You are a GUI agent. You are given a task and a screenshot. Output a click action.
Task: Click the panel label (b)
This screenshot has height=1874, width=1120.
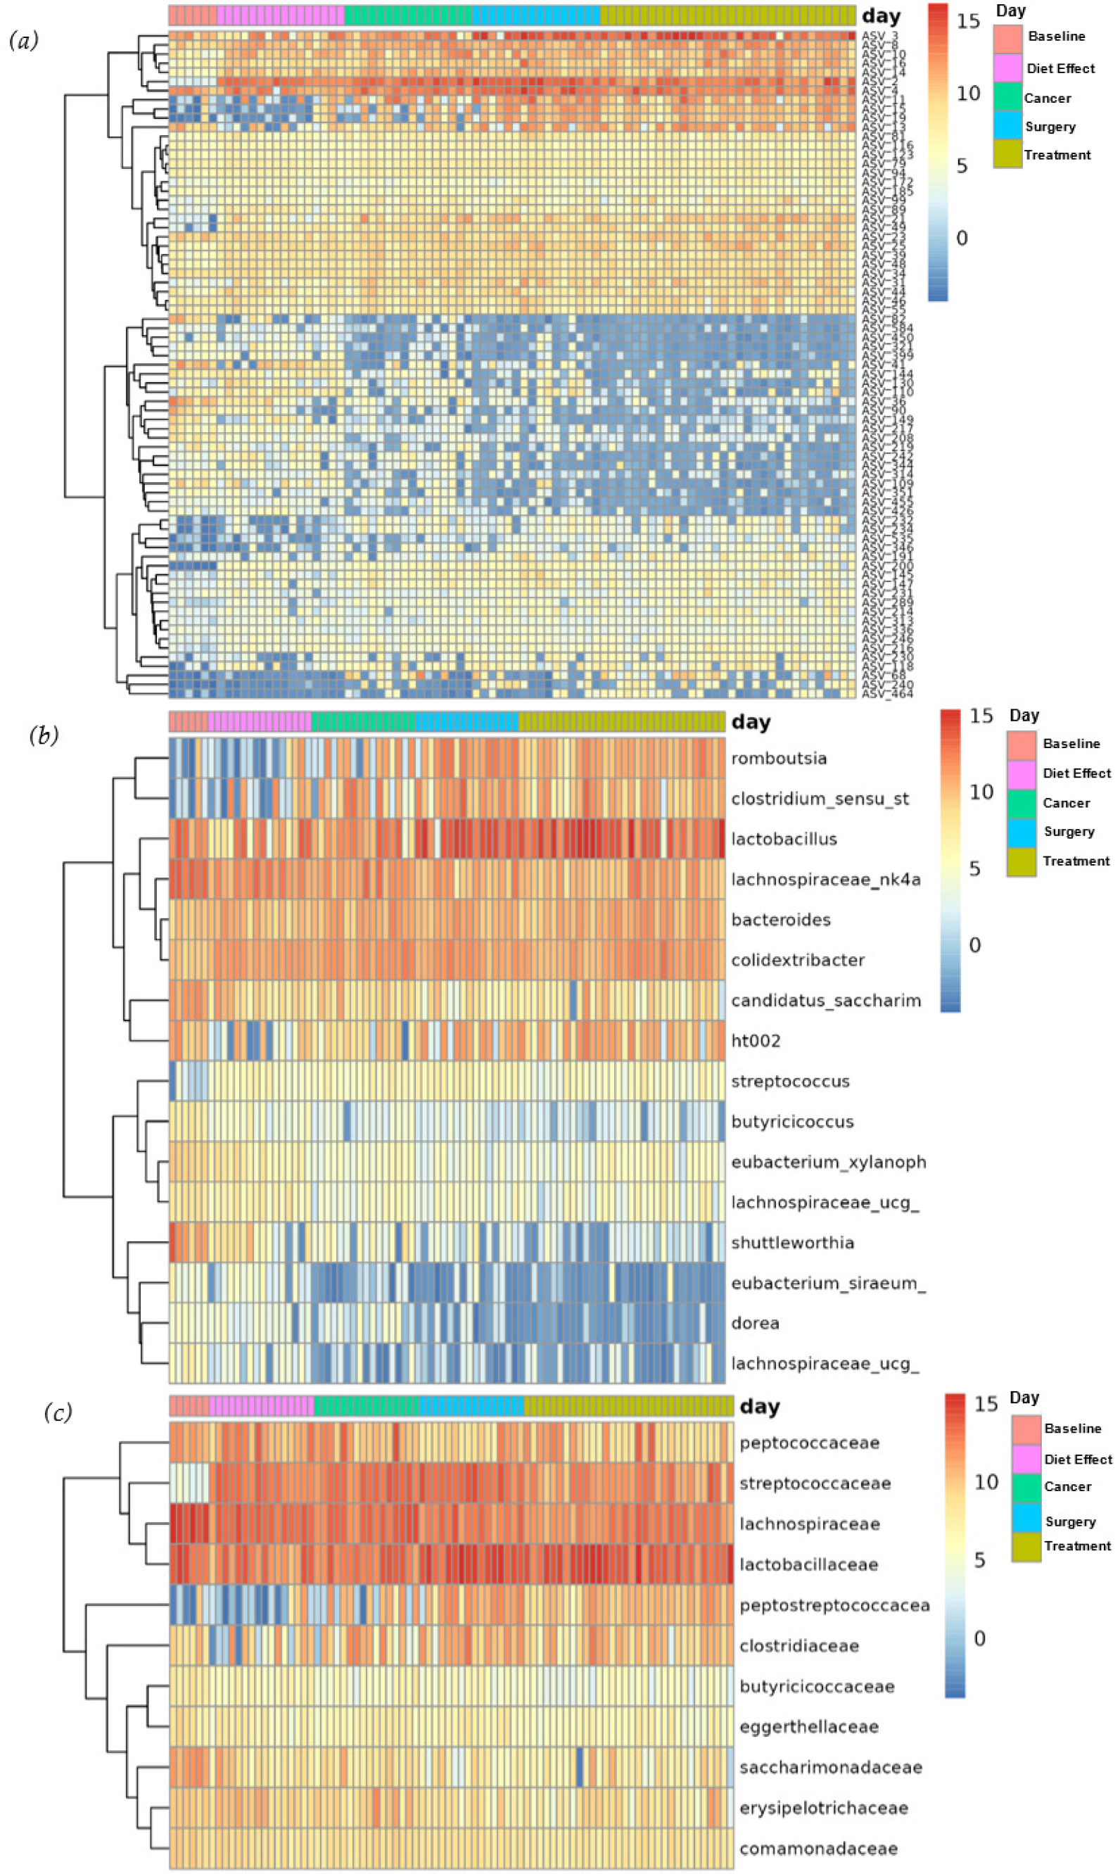point(44,735)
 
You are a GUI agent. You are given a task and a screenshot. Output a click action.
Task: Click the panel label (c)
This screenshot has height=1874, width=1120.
point(58,1412)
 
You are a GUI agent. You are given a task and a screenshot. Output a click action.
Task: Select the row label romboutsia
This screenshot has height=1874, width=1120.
point(778,759)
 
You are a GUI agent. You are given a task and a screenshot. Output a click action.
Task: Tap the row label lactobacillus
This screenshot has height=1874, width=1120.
point(784,839)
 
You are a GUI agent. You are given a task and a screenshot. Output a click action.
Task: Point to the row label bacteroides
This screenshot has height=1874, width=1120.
point(780,919)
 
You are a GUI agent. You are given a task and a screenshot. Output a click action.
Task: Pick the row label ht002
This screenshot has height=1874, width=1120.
point(756,1041)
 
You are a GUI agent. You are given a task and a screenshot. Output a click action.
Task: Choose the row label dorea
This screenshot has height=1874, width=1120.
point(755,1323)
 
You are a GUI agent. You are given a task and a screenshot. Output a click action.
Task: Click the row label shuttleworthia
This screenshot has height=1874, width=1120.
point(791,1242)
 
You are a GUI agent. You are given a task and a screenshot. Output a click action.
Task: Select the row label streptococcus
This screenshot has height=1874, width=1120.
point(789,1082)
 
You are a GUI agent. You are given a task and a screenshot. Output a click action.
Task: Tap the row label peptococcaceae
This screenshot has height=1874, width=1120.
point(809,1443)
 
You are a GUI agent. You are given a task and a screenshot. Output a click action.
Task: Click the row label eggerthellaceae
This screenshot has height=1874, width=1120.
point(808,1727)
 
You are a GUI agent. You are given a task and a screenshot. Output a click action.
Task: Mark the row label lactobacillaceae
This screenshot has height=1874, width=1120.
point(808,1564)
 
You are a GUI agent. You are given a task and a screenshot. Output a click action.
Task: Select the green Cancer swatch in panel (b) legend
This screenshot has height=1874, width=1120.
point(1021,802)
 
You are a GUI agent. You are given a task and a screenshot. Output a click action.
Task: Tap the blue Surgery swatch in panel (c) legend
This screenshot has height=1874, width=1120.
point(1026,1521)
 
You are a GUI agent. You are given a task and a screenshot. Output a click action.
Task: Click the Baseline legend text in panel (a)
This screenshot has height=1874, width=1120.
point(1056,36)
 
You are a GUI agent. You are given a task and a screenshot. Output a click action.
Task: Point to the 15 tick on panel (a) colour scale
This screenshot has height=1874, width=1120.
point(968,21)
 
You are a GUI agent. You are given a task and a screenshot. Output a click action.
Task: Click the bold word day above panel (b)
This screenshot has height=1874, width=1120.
point(750,722)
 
